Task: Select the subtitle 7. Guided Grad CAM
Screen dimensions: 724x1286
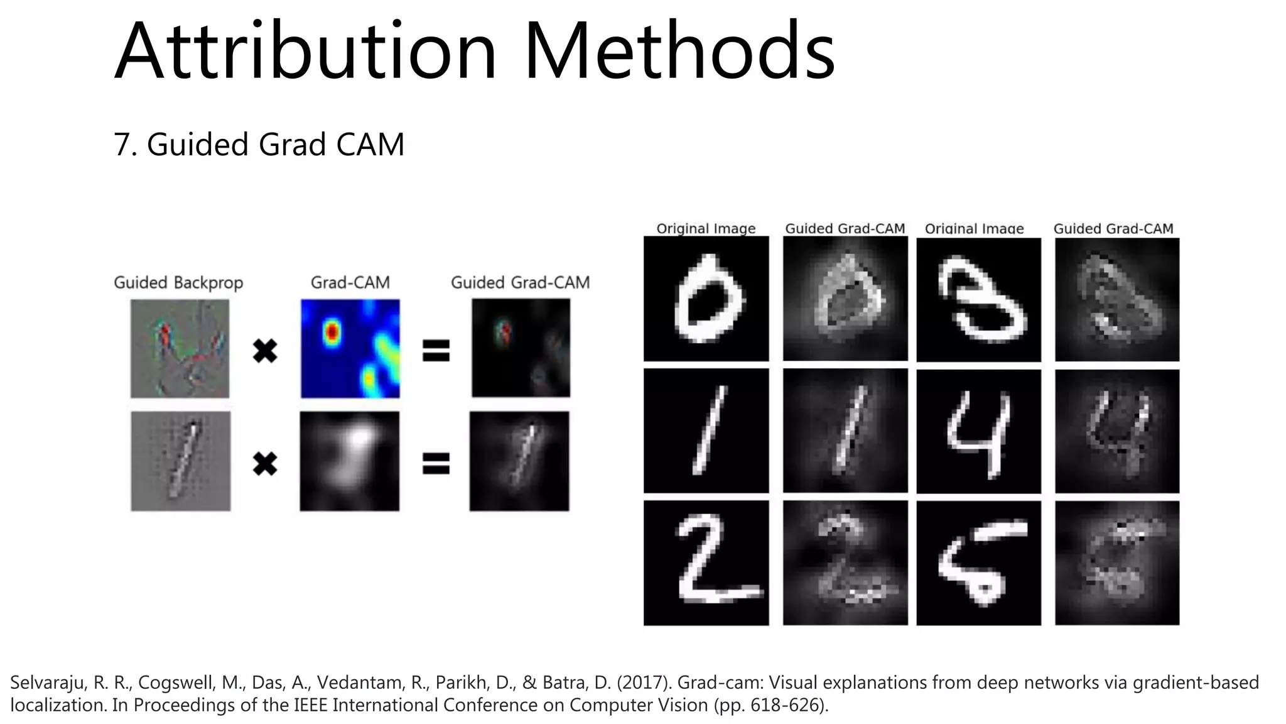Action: tap(259, 145)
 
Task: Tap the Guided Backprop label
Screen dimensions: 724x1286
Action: tap(178, 283)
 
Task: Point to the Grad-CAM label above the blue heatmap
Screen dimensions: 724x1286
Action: tap(350, 283)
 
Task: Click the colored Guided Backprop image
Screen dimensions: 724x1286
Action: tap(180, 348)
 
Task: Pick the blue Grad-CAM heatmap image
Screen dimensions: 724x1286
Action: tap(350, 348)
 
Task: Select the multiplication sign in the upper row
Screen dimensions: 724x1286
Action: tap(265, 351)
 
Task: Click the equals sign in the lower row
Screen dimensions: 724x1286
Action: tap(436, 464)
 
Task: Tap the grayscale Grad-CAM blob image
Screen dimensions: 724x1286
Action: tap(349, 461)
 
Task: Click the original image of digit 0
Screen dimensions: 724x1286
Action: tap(706, 299)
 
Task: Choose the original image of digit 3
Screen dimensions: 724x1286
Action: tap(978, 300)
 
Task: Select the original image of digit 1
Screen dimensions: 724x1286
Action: tap(706, 431)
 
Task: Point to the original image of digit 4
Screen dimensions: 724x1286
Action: tap(978, 431)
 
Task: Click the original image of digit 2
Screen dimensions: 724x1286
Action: tap(706, 562)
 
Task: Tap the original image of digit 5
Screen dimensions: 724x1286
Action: tap(978, 562)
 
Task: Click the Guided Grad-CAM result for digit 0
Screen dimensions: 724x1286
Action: tap(845, 299)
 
